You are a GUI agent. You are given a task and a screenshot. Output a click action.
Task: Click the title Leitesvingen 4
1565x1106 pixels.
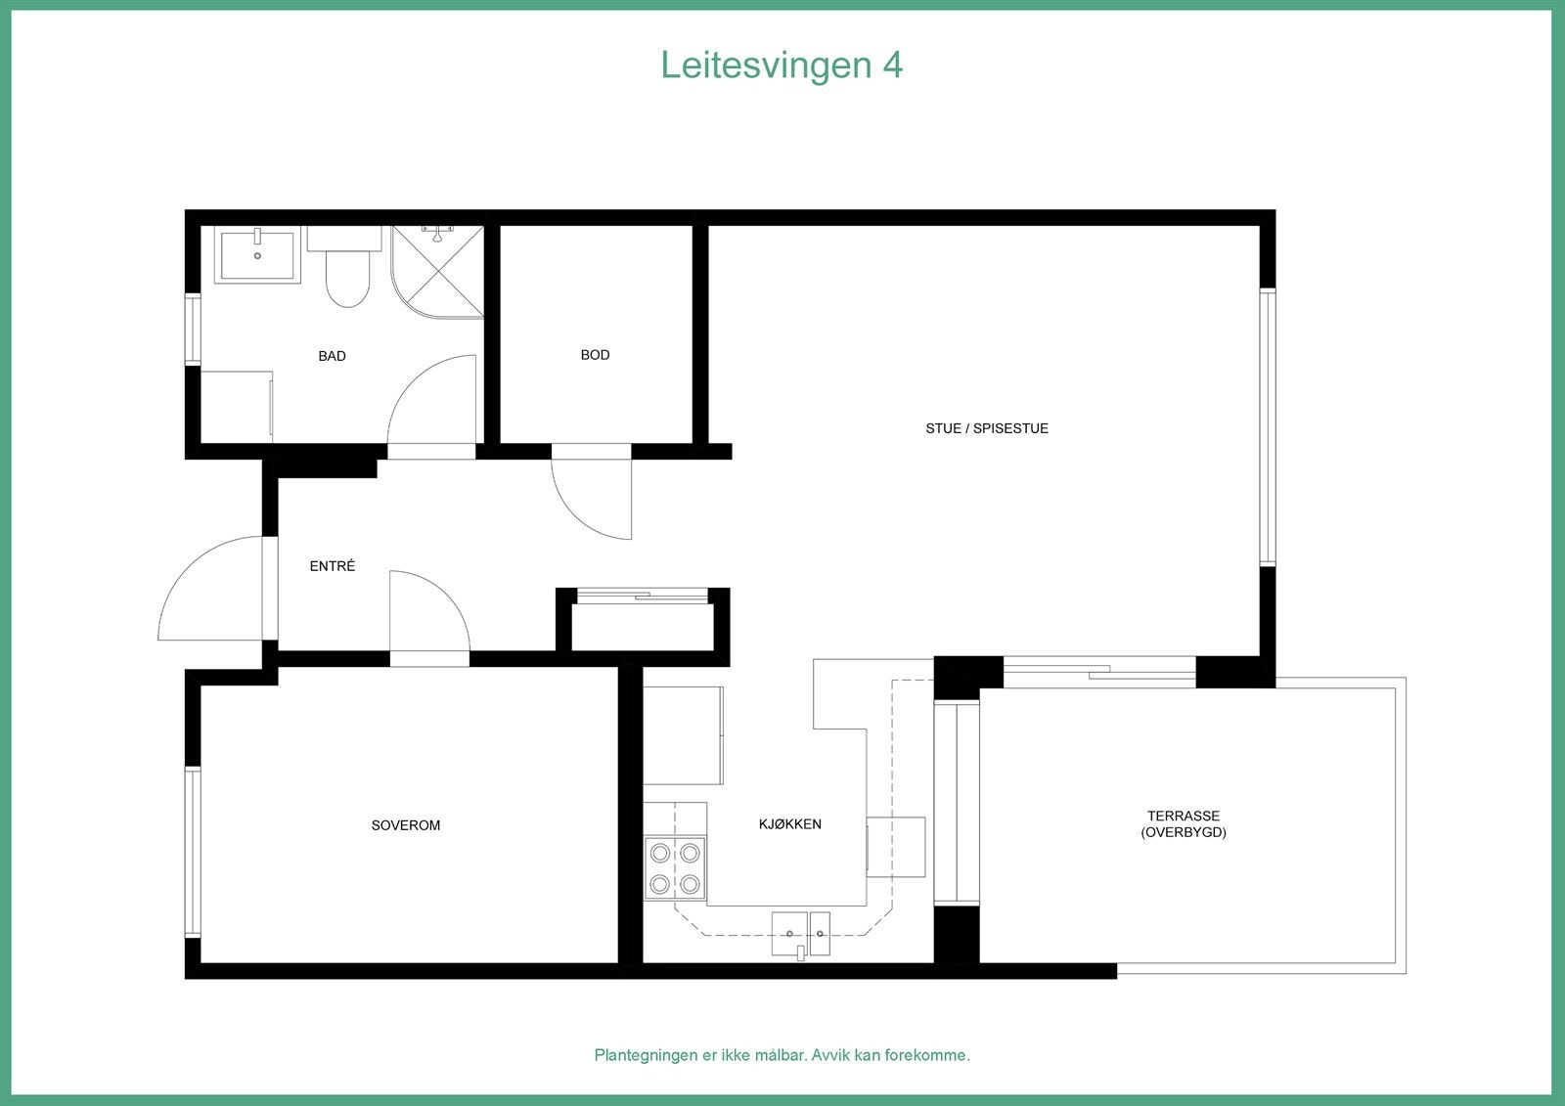click(782, 65)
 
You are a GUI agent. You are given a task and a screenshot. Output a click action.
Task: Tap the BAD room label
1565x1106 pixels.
click(332, 356)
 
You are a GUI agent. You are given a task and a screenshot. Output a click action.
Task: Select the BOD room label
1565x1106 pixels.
click(595, 355)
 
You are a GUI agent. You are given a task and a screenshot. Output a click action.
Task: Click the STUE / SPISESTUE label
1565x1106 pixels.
click(986, 428)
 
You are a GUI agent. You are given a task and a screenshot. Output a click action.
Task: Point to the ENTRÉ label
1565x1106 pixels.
click(332, 566)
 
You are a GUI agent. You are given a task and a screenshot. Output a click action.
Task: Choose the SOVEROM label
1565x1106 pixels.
click(405, 825)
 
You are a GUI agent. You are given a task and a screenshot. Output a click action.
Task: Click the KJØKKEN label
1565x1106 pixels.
click(789, 824)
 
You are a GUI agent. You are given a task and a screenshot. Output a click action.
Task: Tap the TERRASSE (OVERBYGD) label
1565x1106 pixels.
click(1183, 823)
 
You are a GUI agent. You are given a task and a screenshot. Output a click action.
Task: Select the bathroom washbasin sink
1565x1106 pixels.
click(257, 254)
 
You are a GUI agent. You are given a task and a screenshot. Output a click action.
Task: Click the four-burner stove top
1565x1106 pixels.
click(675, 868)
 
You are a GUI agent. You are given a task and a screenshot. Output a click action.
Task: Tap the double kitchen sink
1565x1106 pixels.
click(800, 933)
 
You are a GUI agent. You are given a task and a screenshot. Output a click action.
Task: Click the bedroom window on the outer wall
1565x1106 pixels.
click(193, 852)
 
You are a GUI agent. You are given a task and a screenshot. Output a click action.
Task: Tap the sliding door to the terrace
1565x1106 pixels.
click(1099, 671)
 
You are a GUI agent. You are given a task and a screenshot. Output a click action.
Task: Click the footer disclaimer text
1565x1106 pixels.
click(782, 1055)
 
